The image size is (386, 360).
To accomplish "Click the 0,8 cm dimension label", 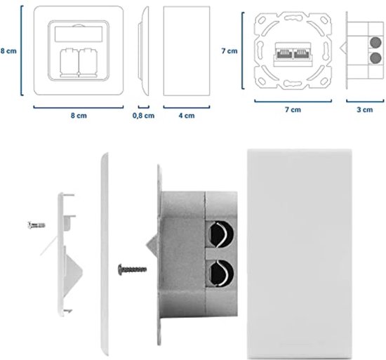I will [x=143, y=116].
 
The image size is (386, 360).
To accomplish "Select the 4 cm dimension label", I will [x=185, y=116].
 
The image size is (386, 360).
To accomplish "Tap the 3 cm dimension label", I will [x=364, y=109].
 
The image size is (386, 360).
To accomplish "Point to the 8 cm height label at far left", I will [x=8, y=51].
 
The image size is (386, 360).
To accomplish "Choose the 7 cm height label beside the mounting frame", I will [x=229, y=51].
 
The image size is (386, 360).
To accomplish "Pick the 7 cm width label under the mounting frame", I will [x=293, y=109].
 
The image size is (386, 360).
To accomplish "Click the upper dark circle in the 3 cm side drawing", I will [x=374, y=43].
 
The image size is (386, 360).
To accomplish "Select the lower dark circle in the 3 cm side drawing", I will [x=374, y=58].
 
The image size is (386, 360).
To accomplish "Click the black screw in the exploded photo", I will [x=132, y=267].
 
